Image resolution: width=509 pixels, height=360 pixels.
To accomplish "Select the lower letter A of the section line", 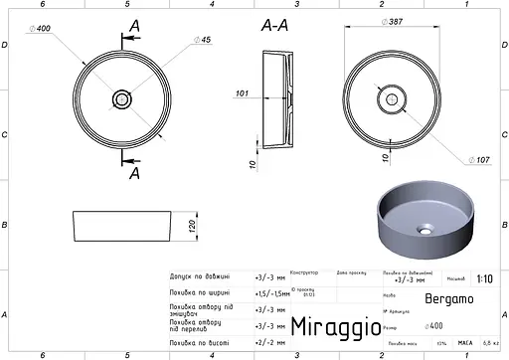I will point(134,171).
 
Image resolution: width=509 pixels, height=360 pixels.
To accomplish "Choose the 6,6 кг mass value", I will point(490,342).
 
